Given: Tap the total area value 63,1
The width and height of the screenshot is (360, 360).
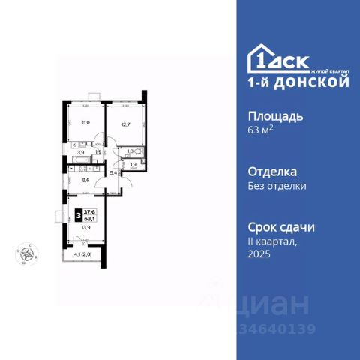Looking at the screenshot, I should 88,218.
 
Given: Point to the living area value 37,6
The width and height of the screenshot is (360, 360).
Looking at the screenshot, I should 88,211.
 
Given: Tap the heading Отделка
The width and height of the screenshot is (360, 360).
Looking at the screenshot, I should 271,171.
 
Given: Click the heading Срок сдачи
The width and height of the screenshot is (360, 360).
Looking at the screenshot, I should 282,226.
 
